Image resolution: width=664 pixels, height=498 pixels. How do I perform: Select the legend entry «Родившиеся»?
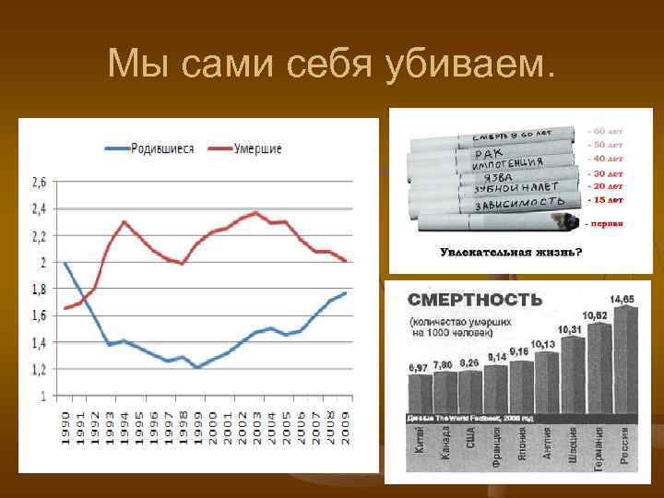161,148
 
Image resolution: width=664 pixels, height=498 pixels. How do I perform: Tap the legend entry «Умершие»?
257,148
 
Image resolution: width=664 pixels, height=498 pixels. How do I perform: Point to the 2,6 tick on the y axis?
40,181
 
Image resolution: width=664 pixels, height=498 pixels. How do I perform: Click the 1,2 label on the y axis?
40,370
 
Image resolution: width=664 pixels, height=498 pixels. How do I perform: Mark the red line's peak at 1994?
124,221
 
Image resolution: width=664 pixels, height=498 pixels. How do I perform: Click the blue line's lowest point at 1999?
196,367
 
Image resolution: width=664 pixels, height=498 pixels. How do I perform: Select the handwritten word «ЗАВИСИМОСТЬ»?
519,201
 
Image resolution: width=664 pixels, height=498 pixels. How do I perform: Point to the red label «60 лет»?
606,131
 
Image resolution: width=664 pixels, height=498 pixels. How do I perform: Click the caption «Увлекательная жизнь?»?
510,251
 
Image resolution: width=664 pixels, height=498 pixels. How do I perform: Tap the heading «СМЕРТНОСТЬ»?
476,300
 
